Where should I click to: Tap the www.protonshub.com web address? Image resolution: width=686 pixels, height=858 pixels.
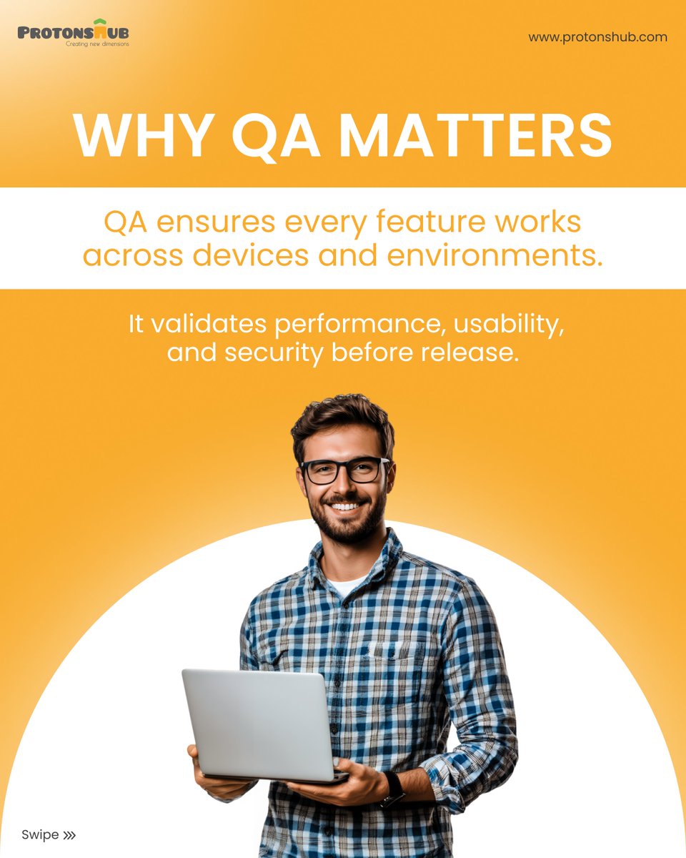click(597, 37)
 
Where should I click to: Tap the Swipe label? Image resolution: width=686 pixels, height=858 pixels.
click(40, 834)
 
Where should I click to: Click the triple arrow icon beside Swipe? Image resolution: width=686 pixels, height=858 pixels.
click(69, 834)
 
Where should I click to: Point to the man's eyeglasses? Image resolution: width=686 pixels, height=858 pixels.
click(344, 470)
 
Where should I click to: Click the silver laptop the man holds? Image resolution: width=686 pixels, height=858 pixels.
click(257, 724)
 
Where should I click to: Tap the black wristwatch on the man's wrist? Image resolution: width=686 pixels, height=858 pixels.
click(392, 788)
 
